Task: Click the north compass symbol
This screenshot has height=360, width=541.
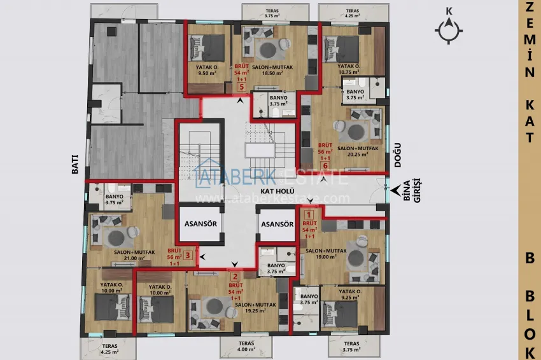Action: click(450, 29)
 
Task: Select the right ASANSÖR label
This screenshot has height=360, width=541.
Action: click(277, 225)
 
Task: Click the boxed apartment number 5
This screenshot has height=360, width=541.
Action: click(241, 87)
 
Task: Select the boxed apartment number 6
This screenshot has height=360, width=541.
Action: click(325, 166)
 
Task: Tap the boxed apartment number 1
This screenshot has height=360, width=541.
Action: click(310, 216)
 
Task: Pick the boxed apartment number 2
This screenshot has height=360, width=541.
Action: click(235, 277)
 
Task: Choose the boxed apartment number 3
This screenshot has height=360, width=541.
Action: click(188, 256)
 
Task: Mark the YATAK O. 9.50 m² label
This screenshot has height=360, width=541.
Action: click(207, 70)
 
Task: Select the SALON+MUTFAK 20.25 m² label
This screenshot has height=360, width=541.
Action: click(358, 151)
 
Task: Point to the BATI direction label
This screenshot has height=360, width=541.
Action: click(75, 167)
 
